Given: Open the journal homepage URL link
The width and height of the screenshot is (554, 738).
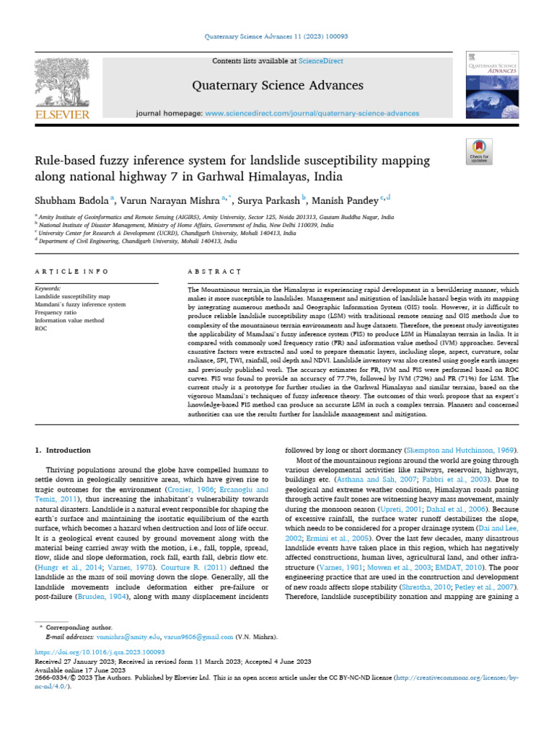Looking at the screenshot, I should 312,114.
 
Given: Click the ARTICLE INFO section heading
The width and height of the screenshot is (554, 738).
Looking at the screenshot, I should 71,272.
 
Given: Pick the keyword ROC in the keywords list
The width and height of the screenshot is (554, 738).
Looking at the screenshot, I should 40,328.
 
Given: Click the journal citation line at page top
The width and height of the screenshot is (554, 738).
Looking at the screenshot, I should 277,36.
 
